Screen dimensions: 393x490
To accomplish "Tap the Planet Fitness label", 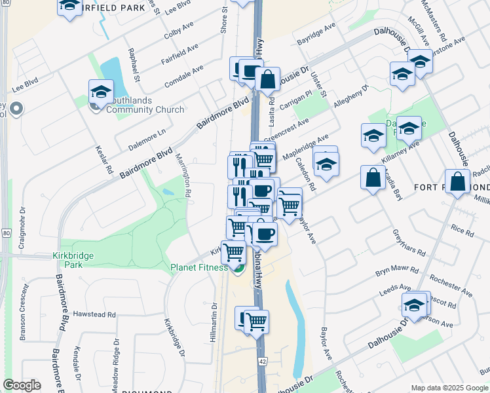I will coord(199,267).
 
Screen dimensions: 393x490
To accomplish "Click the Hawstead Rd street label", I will coord(94,314).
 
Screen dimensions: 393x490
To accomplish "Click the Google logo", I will coord(22,385).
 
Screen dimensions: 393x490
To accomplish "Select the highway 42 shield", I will coord(262,361).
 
